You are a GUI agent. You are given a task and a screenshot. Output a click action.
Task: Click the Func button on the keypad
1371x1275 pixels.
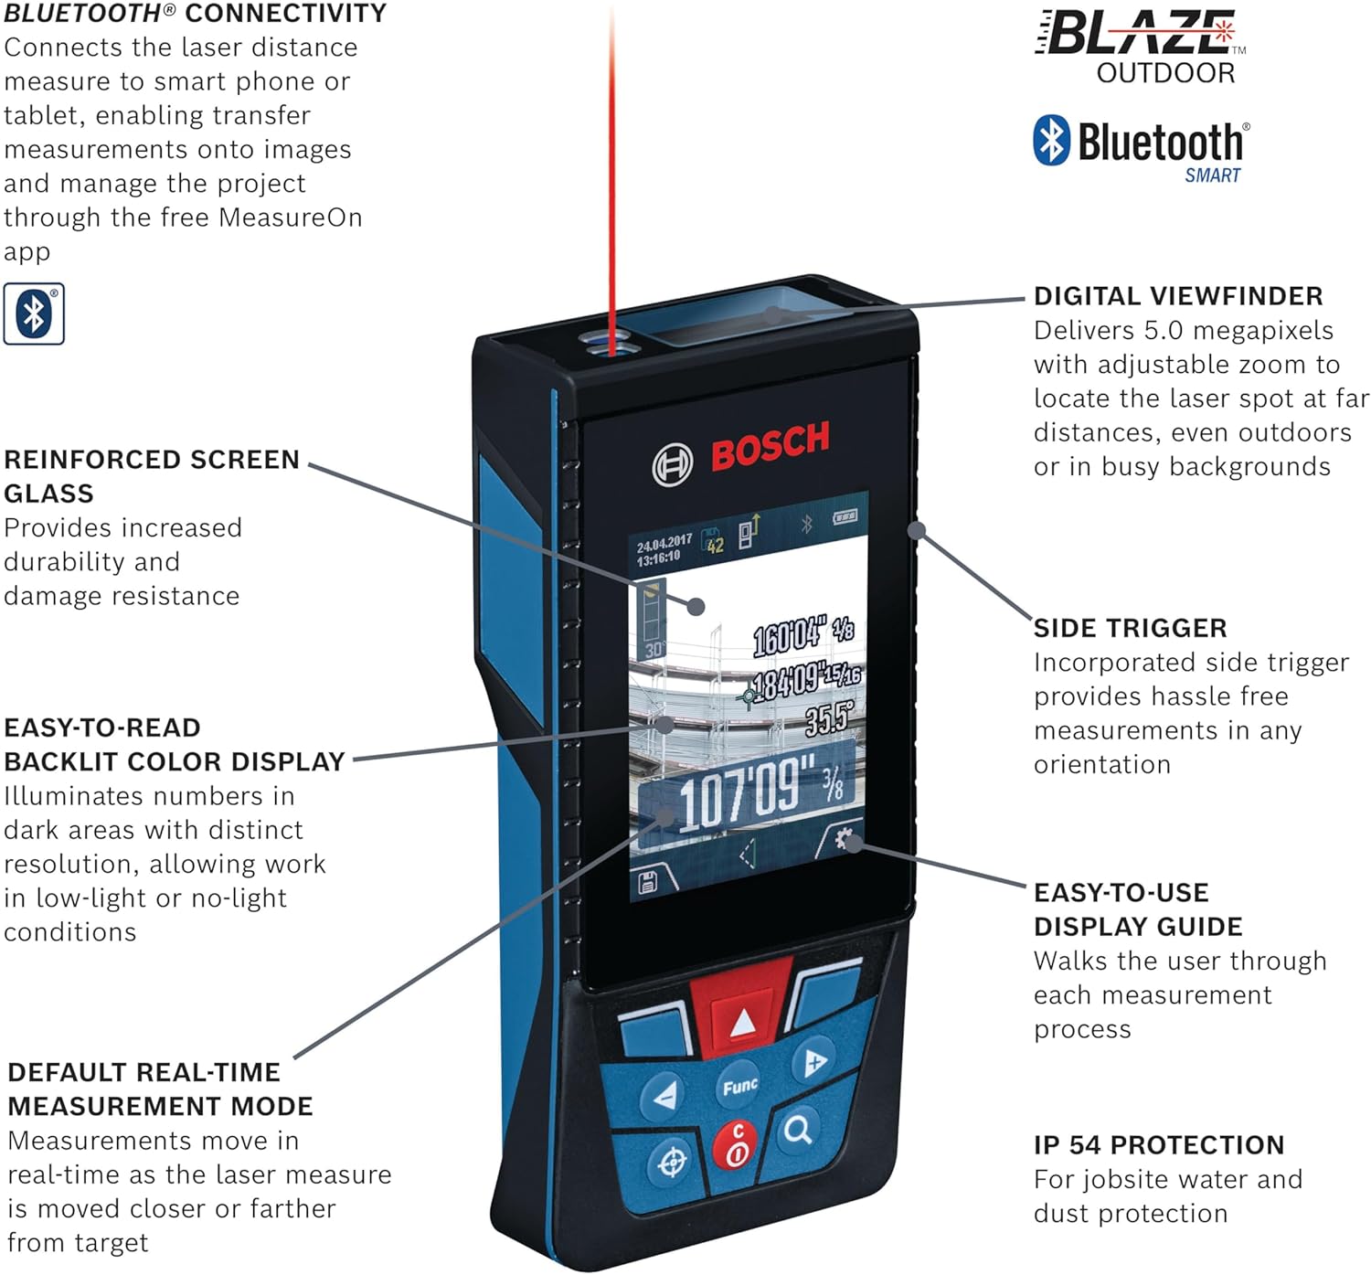pos(739,1086)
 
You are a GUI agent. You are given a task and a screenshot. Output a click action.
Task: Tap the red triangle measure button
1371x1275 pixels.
pos(742,1022)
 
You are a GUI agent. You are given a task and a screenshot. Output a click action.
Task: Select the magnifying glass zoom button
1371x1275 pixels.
pos(798,1131)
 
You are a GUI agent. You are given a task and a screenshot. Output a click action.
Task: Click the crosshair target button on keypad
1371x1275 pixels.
pos(673,1163)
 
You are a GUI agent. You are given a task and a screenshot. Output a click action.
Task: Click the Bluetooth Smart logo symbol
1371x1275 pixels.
pos(1051,140)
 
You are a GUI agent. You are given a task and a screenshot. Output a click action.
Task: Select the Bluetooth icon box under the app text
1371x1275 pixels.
pos(34,313)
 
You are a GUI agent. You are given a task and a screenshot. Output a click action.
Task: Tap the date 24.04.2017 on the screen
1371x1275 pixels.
pos(664,543)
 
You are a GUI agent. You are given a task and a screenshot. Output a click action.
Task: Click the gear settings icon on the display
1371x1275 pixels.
pos(844,838)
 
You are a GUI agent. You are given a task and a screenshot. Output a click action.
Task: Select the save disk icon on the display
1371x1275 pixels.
pos(647,882)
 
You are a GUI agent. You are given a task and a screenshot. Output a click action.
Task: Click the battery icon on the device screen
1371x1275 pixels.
pos(845,517)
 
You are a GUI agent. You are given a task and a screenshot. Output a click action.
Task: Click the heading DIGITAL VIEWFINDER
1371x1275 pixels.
pos(1177,296)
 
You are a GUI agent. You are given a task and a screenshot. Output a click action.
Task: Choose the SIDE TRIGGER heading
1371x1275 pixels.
pos(1130,628)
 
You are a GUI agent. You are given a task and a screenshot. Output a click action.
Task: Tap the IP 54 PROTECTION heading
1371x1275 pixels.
pos(1158,1144)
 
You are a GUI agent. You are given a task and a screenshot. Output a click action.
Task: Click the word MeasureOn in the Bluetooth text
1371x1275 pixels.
pos(290,218)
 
